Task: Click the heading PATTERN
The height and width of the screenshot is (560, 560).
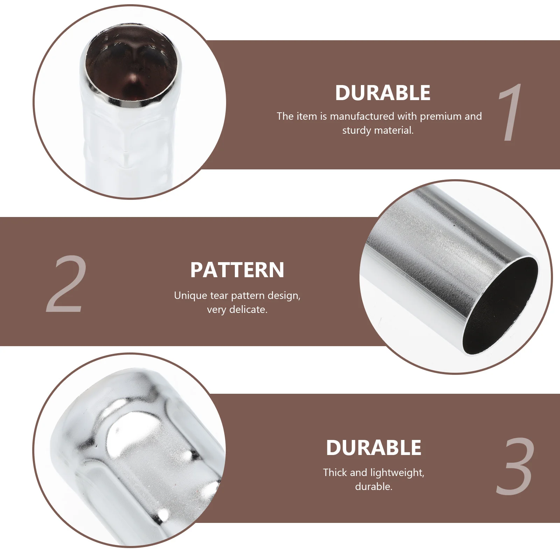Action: point(237,270)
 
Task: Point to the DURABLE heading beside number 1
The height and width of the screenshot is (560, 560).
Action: point(383,93)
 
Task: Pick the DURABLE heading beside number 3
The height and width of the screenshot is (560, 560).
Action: point(373,448)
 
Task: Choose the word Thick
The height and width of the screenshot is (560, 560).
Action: point(335,472)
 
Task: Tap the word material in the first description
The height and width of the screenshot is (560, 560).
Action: point(394,131)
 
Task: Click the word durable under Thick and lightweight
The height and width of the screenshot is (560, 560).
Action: point(373,486)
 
